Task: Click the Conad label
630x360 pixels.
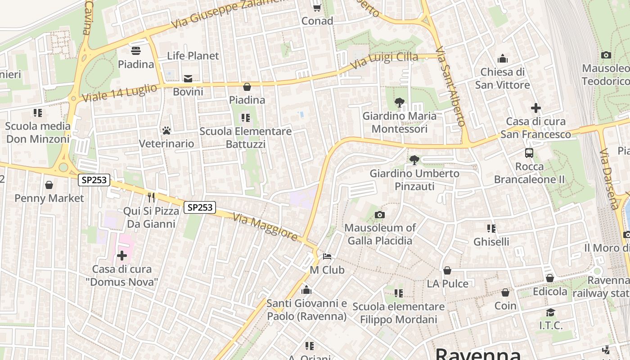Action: click(317, 21)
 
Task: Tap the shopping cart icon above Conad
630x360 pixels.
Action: click(317, 8)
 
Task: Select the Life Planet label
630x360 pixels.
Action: click(193, 56)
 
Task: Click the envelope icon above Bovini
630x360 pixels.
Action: click(188, 79)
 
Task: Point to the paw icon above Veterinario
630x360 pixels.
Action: click(166, 130)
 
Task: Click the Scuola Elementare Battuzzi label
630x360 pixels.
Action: click(246, 138)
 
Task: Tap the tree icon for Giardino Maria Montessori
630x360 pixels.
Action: click(399, 103)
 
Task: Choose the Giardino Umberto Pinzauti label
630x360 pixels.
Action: click(414, 180)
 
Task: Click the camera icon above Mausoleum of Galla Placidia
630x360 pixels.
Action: click(380, 215)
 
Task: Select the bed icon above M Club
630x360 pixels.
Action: click(327, 256)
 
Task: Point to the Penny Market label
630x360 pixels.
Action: click(49, 198)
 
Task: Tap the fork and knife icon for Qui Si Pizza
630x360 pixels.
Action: click(151, 197)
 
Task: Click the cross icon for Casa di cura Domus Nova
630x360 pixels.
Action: click(122, 256)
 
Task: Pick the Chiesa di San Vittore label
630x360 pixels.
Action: click(503, 78)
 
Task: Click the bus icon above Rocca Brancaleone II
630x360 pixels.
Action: click(529, 153)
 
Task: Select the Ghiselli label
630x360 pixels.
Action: click(491, 242)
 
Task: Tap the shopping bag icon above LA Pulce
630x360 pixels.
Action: click(447, 270)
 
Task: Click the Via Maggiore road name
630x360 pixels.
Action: click(265, 227)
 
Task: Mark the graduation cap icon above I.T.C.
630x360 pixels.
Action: click(550, 312)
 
